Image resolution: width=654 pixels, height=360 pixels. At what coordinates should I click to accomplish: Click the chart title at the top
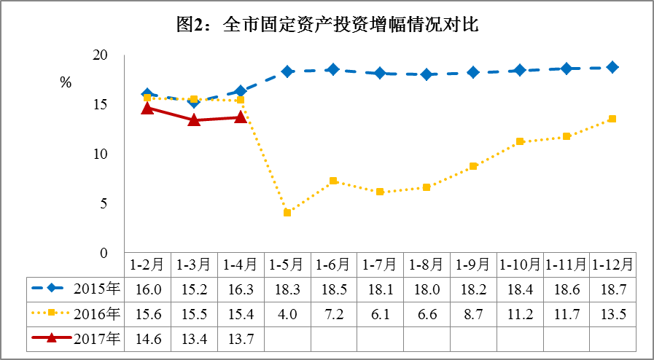327,26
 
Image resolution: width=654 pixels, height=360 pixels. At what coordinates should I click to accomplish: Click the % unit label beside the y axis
66,83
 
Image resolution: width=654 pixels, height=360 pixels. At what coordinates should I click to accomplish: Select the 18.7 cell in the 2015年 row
612,289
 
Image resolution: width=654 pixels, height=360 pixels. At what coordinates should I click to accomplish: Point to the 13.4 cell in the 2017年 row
193,339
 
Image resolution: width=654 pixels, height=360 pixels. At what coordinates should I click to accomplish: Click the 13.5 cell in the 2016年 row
612,314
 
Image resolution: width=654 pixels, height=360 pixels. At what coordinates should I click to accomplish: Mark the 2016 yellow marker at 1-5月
287,213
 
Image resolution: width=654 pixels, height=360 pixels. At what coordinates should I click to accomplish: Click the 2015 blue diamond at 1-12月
612,68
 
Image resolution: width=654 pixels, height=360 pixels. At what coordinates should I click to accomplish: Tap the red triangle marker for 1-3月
194,120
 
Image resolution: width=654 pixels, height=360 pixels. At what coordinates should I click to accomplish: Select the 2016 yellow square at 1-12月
612,119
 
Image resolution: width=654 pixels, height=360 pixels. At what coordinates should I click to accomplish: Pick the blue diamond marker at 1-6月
333,70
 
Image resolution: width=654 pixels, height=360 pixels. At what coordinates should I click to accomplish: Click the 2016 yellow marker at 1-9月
473,166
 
